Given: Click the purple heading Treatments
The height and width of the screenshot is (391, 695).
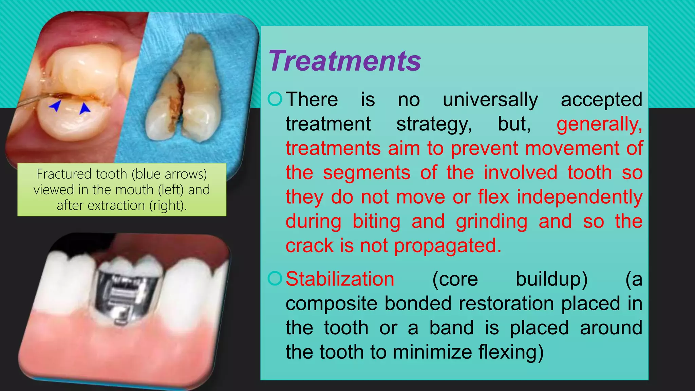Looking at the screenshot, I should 344,61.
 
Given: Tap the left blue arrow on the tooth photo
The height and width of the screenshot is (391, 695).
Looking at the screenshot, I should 55,106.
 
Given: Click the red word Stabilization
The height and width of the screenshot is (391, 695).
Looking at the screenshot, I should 340,279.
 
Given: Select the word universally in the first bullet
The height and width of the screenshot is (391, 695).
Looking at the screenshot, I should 490,100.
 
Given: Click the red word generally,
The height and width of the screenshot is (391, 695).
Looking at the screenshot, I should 599,124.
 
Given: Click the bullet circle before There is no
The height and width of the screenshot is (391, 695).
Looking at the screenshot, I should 275,99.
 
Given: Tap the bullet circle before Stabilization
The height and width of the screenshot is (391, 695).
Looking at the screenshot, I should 275,279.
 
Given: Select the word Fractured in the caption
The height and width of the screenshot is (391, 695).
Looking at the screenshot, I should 64,174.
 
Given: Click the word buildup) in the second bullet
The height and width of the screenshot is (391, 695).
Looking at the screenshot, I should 551,279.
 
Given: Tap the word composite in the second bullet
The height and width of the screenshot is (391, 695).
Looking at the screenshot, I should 331,303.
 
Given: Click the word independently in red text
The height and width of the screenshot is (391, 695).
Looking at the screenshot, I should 579,197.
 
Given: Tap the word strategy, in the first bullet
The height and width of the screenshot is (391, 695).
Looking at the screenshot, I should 434,124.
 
